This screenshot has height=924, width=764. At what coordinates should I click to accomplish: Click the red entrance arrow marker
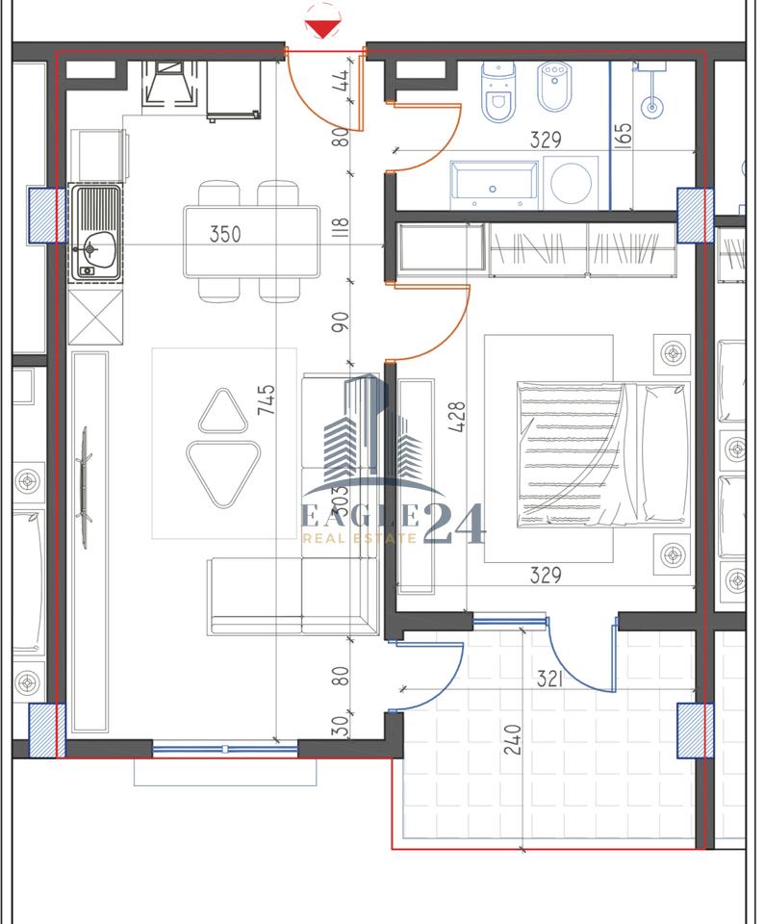pos(324,28)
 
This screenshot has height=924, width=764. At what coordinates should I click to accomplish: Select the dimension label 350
pos(225,234)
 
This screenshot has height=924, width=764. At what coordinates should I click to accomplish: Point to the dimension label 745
pos(267,399)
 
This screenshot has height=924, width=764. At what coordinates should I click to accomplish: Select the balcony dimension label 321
pos(548,680)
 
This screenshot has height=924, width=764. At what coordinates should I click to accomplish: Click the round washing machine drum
pos(571,183)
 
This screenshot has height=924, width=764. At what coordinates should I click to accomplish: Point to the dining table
pos(252,241)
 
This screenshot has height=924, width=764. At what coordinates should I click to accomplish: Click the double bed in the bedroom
pos(602,454)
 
